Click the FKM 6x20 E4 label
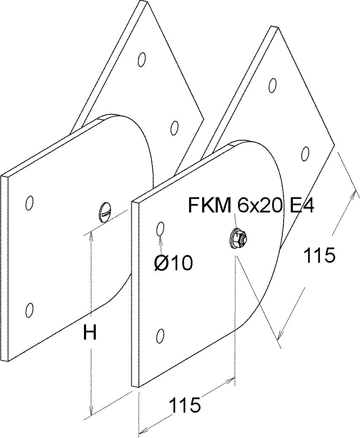coord(251,205)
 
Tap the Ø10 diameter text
coord(173,263)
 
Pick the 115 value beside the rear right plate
coord(319,255)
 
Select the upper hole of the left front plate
coord(29,203)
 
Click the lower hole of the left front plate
coord(29,310)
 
